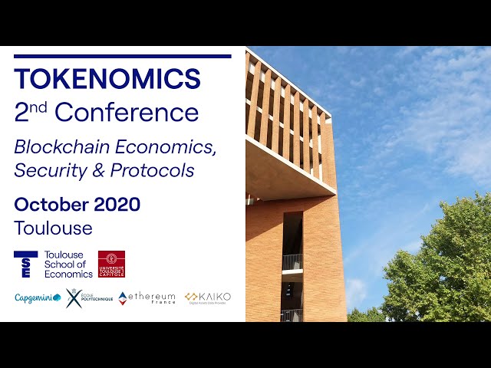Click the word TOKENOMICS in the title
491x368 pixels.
coord(107,78)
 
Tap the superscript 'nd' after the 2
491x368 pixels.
coord(38,107)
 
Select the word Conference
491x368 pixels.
coord(127,113)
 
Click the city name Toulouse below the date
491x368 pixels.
coord(53,228)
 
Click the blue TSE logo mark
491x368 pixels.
coord(25,264)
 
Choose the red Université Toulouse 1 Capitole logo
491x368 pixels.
coord(111,264)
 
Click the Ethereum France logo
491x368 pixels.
coord(147,297)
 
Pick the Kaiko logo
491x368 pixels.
coord(207,297)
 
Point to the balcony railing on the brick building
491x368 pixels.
coord(292,262)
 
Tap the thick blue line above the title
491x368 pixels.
coord(123,56)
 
